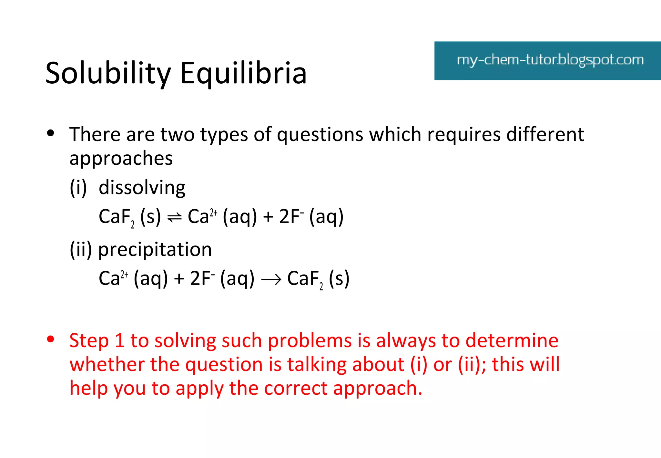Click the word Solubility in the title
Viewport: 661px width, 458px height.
[x=108, y=73]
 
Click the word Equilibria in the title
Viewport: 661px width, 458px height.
[x=243, y=73]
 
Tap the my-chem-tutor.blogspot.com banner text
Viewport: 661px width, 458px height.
[x=550, y=60]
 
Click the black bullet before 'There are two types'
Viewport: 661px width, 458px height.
[x=50, y=133]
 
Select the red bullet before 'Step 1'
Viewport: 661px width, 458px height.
[x=50, y=339]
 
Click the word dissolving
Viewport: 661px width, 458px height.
[x=142, y=187]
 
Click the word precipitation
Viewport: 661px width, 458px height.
[x=155, y=249]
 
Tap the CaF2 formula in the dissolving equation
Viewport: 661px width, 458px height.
[x=116, y=217]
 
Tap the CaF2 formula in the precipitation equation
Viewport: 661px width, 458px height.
[x=305, y=279]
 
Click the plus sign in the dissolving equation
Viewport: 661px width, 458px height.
[x=268, y=217]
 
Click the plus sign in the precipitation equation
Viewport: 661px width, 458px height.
[x=179, y=279]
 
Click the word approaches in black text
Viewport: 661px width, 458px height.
[x=121, y=159]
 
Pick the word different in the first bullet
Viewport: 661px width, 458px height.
[x=545, y=134]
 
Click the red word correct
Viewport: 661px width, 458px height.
[x=295, y=388]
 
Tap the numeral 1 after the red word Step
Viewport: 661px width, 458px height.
[x=119, y=340]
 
